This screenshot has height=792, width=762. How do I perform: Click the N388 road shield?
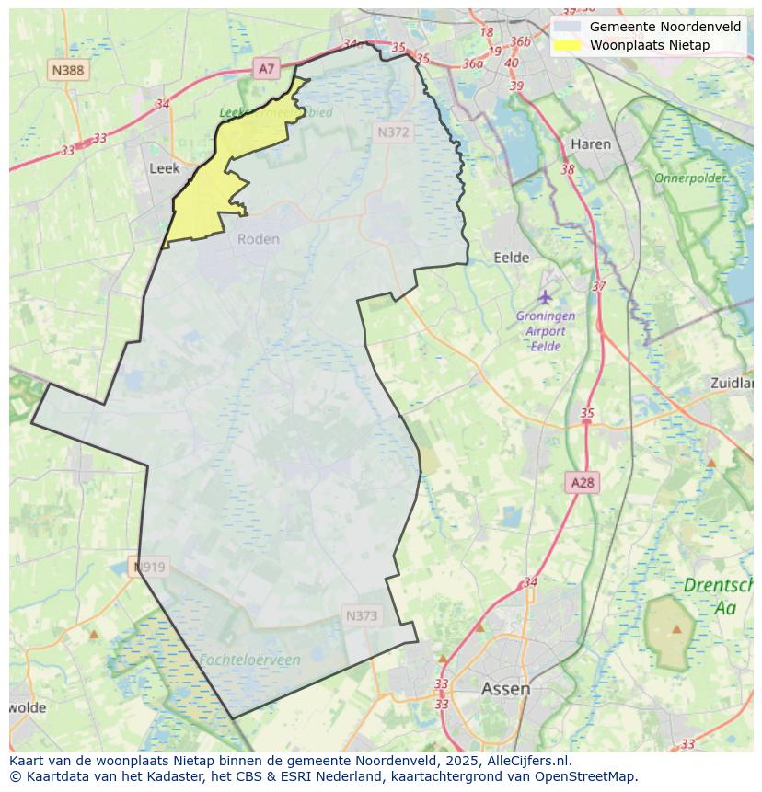click(69, 70)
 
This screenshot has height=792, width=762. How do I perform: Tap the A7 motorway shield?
click(266, 68)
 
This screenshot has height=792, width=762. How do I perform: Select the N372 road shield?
click(393, 132)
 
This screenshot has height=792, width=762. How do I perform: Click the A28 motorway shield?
click(583, 483)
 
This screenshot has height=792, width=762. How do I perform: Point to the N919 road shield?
click(149, 567)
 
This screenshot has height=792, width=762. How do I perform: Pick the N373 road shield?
click(362, 615)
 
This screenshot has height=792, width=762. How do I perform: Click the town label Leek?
click(164, 168)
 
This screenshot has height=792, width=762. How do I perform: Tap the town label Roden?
click(258, 239)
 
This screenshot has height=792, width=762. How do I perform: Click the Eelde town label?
click(512, 258)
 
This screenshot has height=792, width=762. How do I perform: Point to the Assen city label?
click(505, 688)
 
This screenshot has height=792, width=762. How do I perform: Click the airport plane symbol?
click(546, 296)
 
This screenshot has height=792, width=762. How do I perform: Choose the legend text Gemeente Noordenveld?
click(664, 27)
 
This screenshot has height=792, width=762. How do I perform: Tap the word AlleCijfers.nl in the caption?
click(526, 761)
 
